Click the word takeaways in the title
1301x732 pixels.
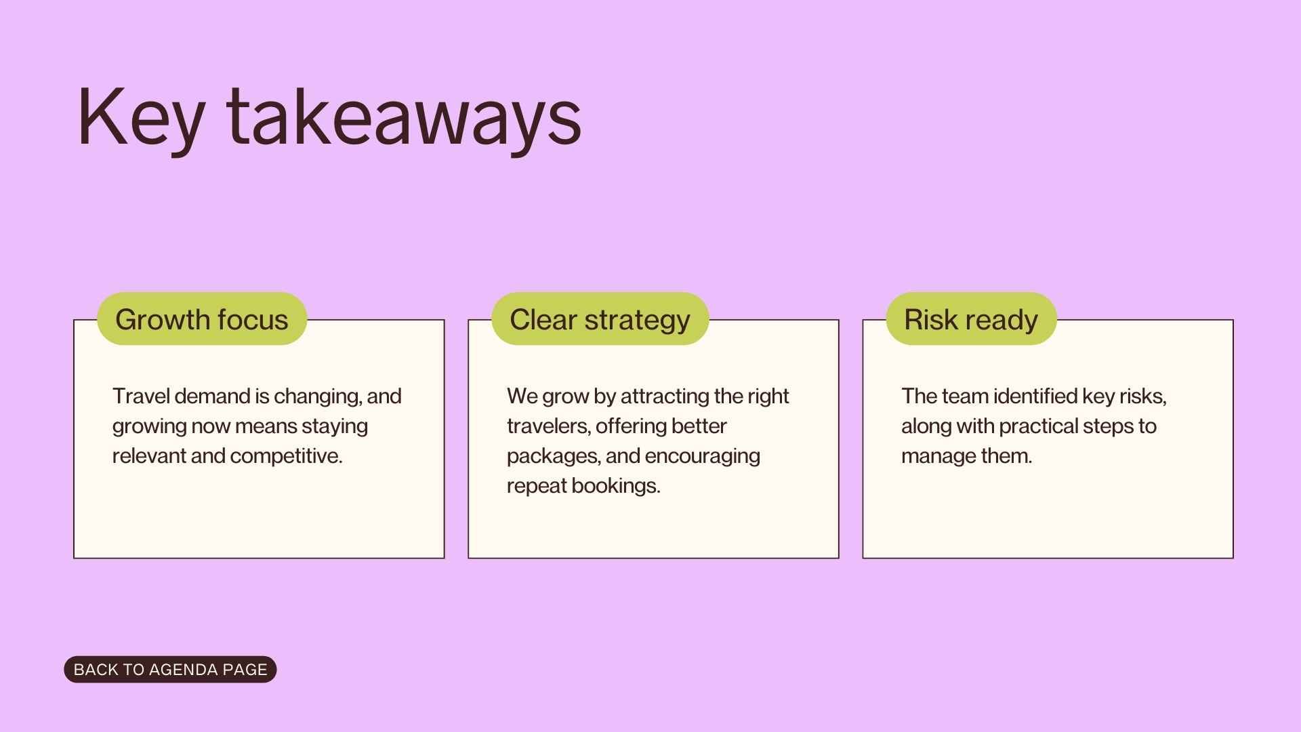tap(404, 117)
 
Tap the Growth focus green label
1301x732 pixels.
tap(202, 319)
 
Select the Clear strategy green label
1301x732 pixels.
tap(600, 319)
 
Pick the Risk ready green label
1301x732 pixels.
tap(970, 319)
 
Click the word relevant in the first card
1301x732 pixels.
tap(149, 456)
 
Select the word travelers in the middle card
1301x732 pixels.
tap(549, 426)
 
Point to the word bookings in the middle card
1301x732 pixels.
tap(615, 486)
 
